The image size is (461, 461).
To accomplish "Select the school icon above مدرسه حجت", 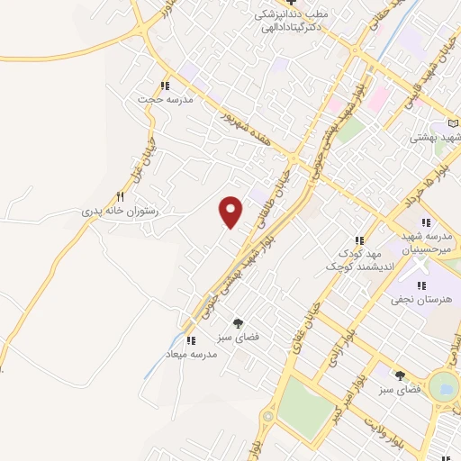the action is coord(164,86).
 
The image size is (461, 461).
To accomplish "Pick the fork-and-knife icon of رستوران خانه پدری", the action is coord(120,196).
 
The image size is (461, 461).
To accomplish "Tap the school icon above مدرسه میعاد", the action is coord(190,340).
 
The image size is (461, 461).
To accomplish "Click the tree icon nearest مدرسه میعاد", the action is coord(239,322).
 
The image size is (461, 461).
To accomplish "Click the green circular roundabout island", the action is coord(444,387).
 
